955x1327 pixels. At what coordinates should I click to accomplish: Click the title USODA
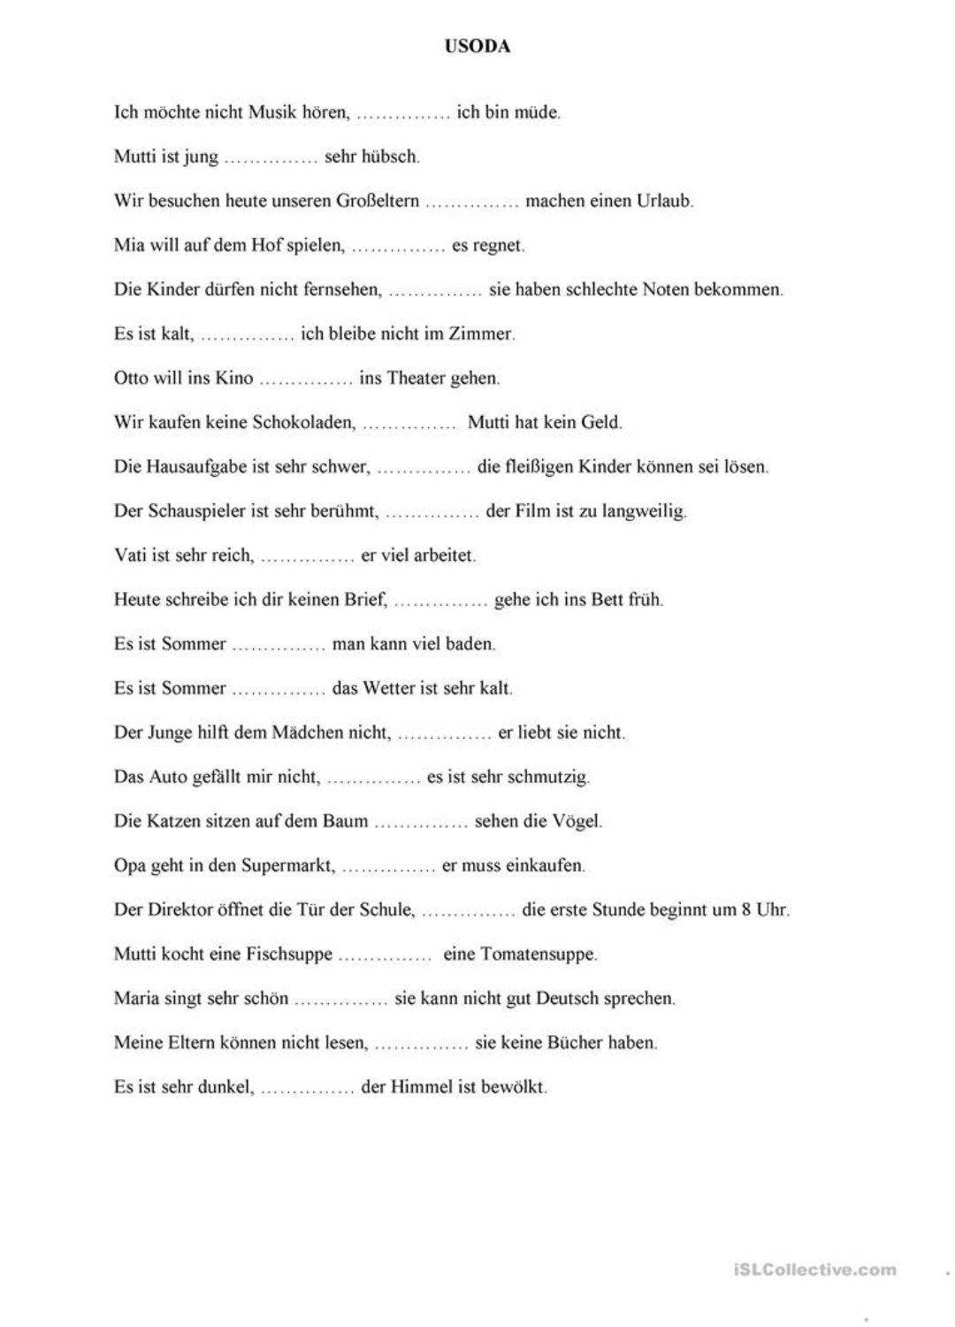[x=477, y=47]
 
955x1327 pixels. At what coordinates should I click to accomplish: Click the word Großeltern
[x=377, y=201]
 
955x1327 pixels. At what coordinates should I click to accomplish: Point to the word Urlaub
[x=664, y=201]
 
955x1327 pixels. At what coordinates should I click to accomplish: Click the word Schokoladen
[x=303, y=422]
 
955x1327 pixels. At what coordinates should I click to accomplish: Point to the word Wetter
[x=390, y=687]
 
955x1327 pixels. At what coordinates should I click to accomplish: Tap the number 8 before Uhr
[x=745, y=909]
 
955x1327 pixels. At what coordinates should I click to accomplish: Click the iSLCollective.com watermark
[x=814, y=1269]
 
